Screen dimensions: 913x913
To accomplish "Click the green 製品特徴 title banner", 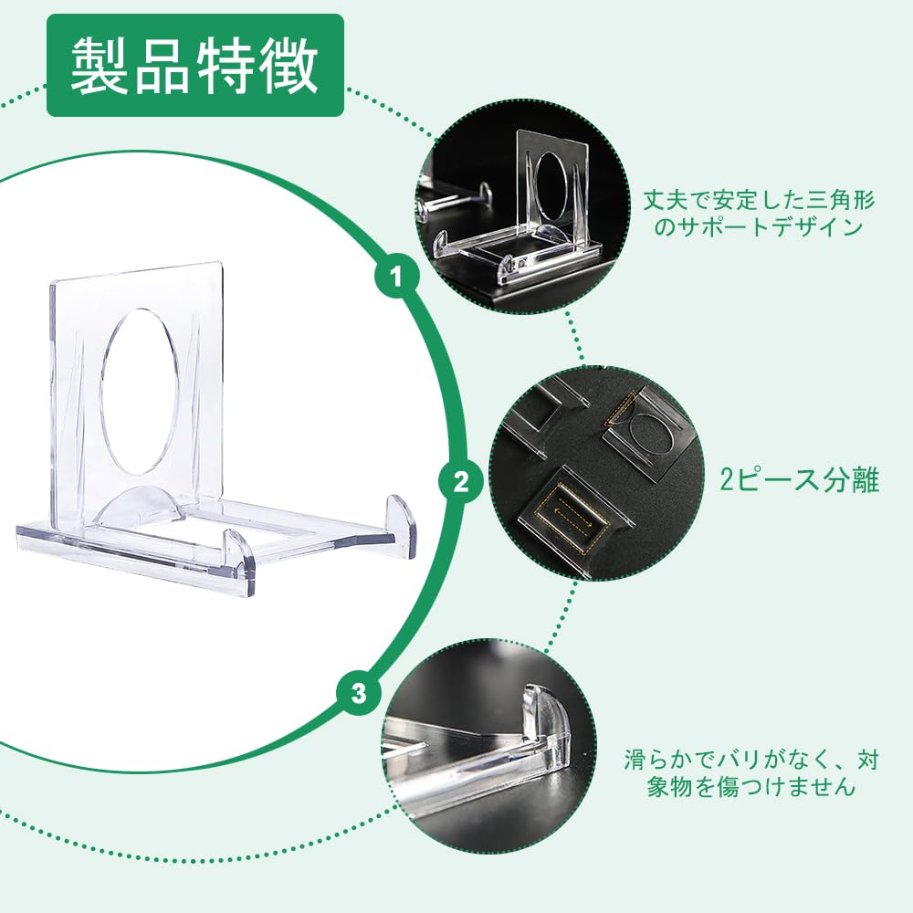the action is click(x=195, y=65).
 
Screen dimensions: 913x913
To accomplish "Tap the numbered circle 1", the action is click(x=396, y=276).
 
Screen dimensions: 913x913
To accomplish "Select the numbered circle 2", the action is click(x=460, y=481).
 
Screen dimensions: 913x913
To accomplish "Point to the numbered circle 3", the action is click(x=359, y=694).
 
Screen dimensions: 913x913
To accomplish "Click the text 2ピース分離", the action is click(x=799, y=481).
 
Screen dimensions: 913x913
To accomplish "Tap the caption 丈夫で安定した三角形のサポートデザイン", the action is click(x=759, y=213).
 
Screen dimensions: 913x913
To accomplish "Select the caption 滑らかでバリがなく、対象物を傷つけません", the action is click(x=751, y=773).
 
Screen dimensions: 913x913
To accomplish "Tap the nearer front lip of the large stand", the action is click(x=240, y=560).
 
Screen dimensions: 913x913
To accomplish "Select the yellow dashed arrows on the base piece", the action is click(x=573, y=515).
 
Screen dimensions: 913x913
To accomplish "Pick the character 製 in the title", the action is click(x=100, y=65).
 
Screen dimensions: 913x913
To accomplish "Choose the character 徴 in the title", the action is click(x=289, y=65).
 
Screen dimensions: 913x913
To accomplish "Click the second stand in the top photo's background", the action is click(x=454, y=202).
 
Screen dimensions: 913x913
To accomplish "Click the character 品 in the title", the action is click(x=162, y=65).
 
